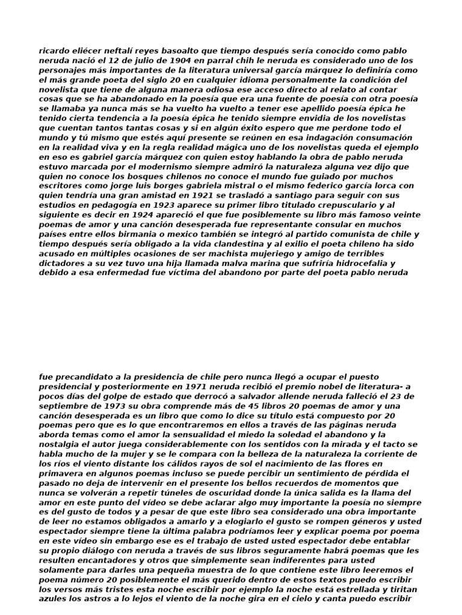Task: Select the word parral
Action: pos(224,61)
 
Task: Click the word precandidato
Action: pos(83,377)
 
